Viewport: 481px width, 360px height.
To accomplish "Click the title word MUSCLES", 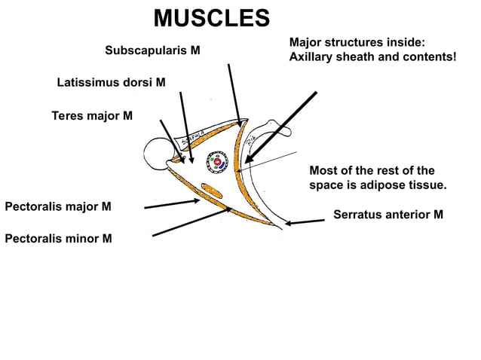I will click(211, 18).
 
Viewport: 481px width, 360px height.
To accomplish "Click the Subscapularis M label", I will click(152, 51).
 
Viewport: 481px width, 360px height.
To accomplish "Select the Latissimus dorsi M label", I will click(112, 82).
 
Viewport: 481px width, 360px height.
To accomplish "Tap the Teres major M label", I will click(92, 116).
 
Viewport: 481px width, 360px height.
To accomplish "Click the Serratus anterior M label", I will click(388, 215).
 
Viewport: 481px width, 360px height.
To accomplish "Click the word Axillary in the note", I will click(311, 56).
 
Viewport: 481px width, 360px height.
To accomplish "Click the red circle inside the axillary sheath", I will click(216, 162).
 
